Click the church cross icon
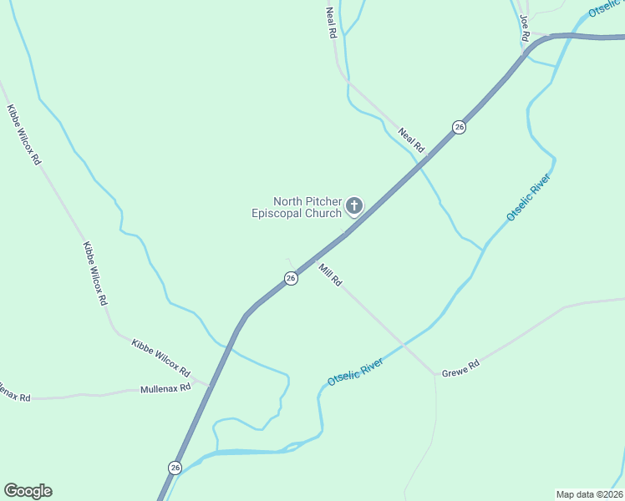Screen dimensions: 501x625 coord(354,205)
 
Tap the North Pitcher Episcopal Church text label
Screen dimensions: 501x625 coord(297,207)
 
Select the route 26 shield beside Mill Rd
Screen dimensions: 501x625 coord(291,279)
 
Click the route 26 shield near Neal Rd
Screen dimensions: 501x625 coord(459,127)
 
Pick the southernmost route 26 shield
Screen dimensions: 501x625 coord(175,468)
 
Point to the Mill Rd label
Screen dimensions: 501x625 coord(331,275)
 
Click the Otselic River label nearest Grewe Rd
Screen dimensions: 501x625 coord(355,371)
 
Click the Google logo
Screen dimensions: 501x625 coord(28,491)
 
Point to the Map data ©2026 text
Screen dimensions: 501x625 coord(589,493)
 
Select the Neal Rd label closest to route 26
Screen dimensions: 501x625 coord(412,139)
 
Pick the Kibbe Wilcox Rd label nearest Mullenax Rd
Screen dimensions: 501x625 coord(161,357)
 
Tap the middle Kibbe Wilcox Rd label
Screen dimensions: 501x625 coord(94,272)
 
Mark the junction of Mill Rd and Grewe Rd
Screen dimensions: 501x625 coord(435,374)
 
